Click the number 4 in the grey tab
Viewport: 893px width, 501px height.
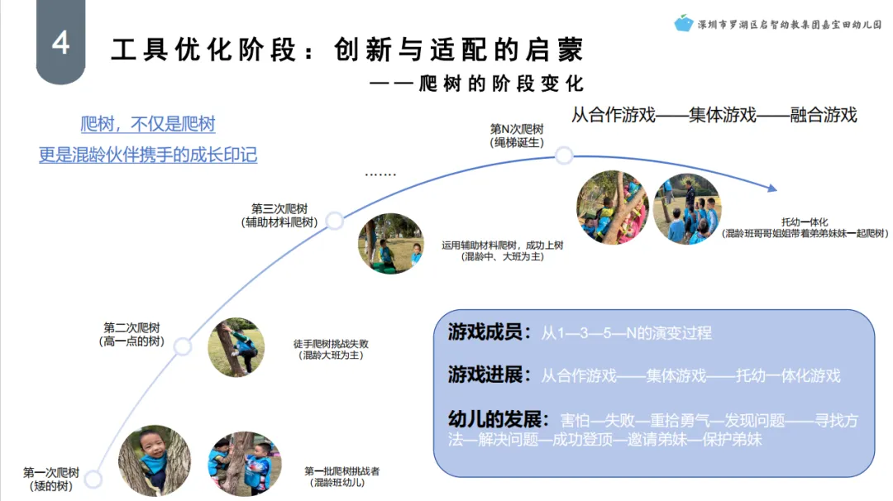click(x=60, y=43)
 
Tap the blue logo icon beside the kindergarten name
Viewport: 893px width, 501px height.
click(x=683, y=23)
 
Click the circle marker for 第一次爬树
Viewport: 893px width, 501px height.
click(x=93, y=479)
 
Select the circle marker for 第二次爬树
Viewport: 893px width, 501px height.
click(x=183, y=346)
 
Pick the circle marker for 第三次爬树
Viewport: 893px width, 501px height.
click(x=334, y=220)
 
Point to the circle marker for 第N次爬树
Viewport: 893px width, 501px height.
click(x=563, y=155)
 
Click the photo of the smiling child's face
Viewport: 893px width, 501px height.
click(x=155, y=460)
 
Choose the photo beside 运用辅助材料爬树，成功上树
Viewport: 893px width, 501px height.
click(x=391, y=244)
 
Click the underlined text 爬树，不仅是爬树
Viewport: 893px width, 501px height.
click(x=148, y=125)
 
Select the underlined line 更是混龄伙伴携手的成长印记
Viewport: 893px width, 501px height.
click(x=148, y=155)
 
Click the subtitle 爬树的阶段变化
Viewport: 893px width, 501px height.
click(x=501, y=84)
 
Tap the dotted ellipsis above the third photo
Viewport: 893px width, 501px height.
click(x=380, y=175)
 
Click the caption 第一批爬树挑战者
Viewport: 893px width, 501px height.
click(x=341, y=471)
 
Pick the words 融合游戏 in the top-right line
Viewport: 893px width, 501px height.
click(x=824, y=115)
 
